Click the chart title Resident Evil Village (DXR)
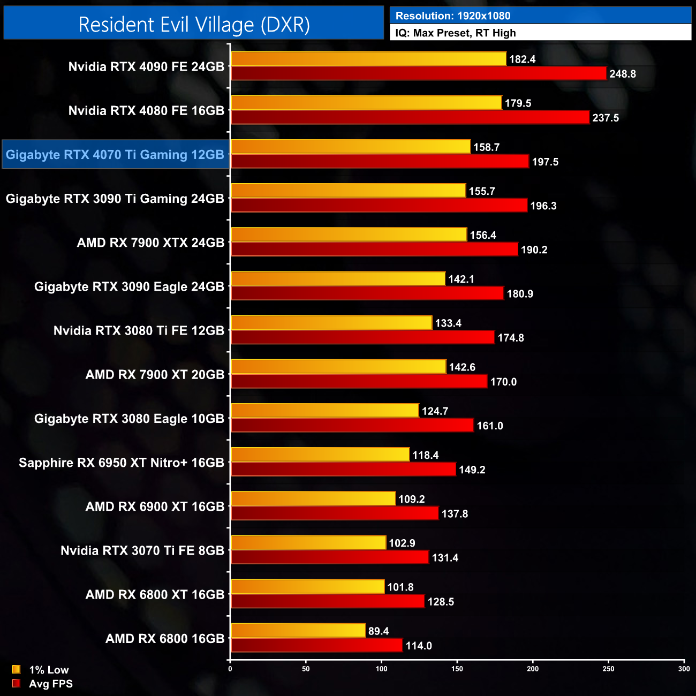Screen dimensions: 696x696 (194, 25)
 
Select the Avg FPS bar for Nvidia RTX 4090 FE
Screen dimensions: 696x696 (418, 73)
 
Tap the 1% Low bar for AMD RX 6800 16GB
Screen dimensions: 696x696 (298, 630)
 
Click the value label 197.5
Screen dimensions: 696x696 (545, 162)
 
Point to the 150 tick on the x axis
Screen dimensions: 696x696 (457, 668)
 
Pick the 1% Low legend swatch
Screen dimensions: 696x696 (16, 669)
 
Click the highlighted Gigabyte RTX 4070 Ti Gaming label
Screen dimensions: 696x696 (115, 155)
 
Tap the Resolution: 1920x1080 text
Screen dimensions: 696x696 (453, 16)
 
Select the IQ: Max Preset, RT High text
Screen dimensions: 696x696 (456, 33)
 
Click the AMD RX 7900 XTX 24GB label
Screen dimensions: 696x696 (150, 243)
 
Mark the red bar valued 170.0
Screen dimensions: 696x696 (359, 381)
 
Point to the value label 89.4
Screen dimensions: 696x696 (379, 631)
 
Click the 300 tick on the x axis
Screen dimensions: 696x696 (684, 668)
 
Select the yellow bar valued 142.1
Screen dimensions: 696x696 (338, 278)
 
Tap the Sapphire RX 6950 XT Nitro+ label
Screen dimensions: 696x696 (122, 463)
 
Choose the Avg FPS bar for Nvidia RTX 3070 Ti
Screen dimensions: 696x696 (329, 557)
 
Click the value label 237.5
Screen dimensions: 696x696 (606, 118)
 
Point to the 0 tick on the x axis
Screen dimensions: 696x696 (230, 668)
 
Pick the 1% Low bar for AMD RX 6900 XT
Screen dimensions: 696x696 (313, 498)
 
